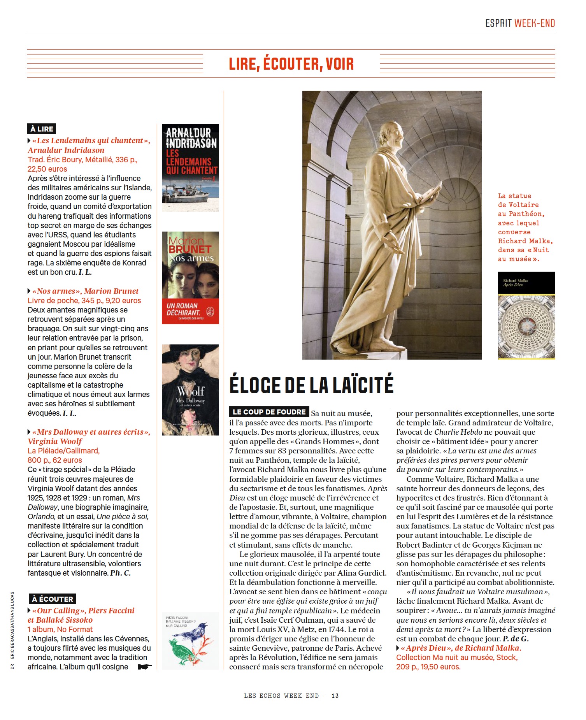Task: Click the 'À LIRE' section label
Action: pos(42,129)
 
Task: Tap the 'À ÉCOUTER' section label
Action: pos(53,599)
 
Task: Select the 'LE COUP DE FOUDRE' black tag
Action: pos(269,412)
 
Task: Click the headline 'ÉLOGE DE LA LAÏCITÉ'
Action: pos(311,385)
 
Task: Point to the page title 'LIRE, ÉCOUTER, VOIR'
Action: pos(291,64)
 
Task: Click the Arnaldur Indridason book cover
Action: pos(190,167)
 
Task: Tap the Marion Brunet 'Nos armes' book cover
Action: pos(190,277)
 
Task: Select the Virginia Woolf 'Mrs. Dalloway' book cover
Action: pos(190,390)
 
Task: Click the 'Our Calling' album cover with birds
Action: pos(190,641)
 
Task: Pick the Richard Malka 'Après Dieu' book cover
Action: pos(526,315)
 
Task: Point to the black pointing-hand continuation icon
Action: pos(145,667)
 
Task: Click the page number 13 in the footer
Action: pos(335,695)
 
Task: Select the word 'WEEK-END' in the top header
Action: pos(535,23)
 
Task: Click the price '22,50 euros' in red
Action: pos(47,169)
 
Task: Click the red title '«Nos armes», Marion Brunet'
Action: pos(85,291)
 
